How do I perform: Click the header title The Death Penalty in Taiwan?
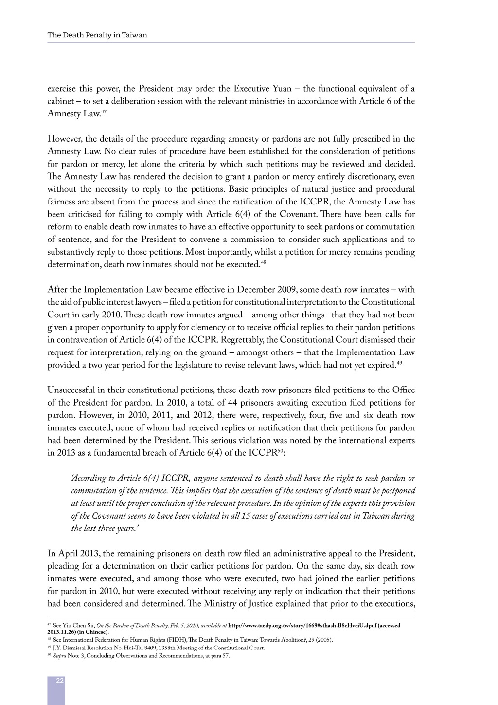click(97, 35)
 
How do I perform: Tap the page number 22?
click(60, 680)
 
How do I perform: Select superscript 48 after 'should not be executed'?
click(264, 263)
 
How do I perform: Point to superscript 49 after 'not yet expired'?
click(399, 363)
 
